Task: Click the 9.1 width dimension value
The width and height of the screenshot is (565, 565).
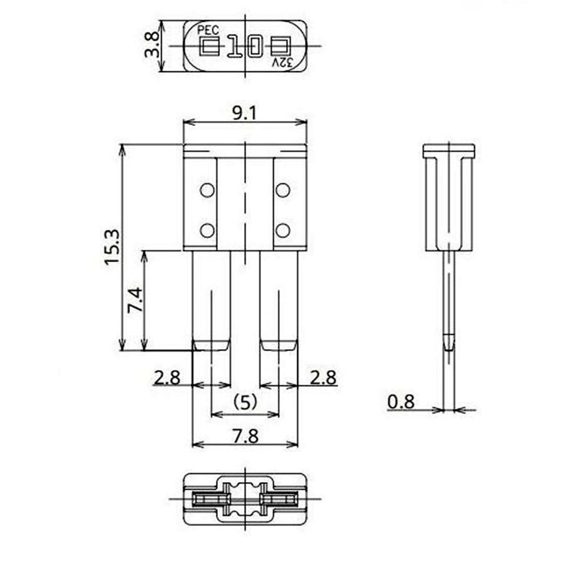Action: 244,113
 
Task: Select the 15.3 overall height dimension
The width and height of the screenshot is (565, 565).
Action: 112,247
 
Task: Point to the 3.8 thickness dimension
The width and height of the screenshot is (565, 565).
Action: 151,46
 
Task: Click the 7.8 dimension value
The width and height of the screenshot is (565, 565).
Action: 244,435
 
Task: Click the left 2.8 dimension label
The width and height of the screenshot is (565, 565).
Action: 166,377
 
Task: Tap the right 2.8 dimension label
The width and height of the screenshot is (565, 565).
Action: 323,377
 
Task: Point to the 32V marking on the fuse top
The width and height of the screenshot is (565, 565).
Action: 282,62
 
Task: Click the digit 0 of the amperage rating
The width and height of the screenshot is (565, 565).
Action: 254,46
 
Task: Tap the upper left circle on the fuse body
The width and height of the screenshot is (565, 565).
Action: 207,190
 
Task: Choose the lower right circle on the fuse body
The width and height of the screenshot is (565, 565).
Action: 282,230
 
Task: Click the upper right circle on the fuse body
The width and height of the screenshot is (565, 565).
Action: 282,190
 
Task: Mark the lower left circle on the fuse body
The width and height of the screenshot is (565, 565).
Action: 207,230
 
